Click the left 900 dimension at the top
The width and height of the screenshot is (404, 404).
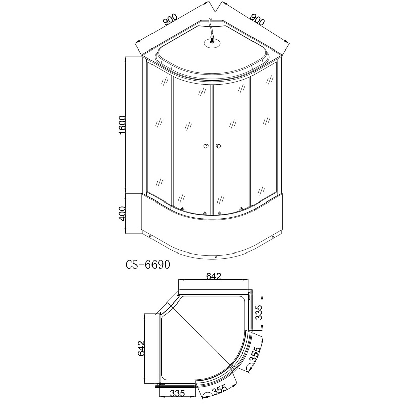(170, 20)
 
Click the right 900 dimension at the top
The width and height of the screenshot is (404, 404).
(258, 20)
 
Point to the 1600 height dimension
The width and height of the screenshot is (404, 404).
(122, 125)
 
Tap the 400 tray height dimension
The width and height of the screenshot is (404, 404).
(122, 213)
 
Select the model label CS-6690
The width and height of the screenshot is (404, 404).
(148, 264)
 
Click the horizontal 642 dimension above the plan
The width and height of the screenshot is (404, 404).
(214, 276)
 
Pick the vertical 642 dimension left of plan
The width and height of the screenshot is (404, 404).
(141, 348)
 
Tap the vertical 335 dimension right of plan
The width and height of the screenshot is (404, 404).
(258, 312)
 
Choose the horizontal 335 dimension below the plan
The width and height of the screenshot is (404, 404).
(178, 393)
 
